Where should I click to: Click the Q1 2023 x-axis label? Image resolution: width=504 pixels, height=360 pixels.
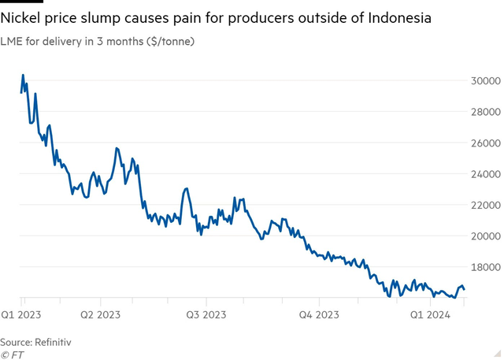tap(22, 314)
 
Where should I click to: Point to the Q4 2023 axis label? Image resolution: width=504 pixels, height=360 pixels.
tap(319, 314)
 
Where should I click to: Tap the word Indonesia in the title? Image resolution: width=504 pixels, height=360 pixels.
tap(397, 17)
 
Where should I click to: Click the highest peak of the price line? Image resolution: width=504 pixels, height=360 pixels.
tap(23, 76)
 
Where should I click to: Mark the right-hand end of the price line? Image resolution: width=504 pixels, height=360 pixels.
tap(464, 289)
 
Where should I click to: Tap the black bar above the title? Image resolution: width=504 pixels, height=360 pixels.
tap(21, 2)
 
